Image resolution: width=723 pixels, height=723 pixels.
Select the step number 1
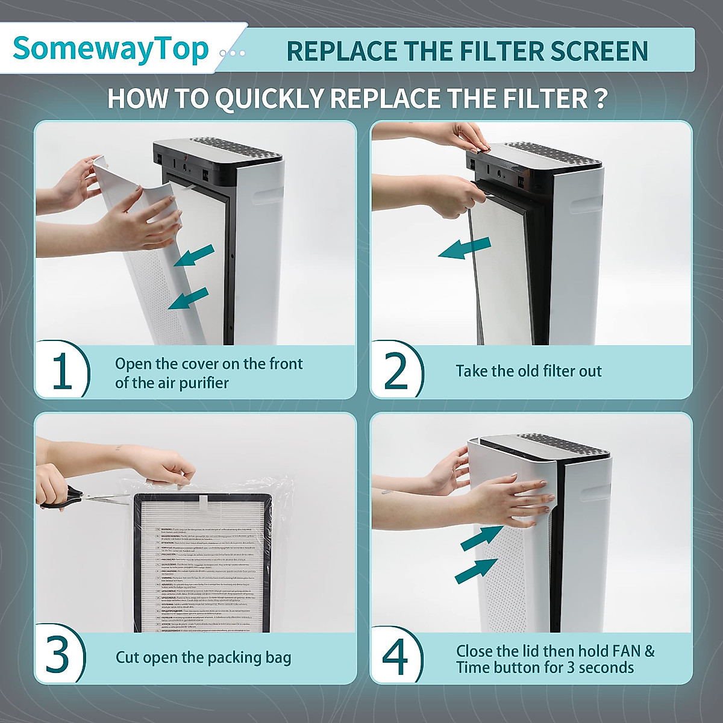pos(62,371)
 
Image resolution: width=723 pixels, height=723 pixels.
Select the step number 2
pos(396,371)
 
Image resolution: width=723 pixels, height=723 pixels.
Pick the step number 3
pos(58,656)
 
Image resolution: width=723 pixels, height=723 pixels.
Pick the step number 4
pos(395,656)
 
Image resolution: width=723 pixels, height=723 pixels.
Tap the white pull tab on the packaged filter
pos(203,502)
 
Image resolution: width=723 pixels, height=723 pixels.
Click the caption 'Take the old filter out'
pos(528,371)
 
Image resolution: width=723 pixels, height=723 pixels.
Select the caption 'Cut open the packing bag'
pos(203,657)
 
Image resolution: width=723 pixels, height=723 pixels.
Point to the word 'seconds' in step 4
pos(607,668)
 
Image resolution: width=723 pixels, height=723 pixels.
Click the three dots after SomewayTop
pos(233,53)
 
